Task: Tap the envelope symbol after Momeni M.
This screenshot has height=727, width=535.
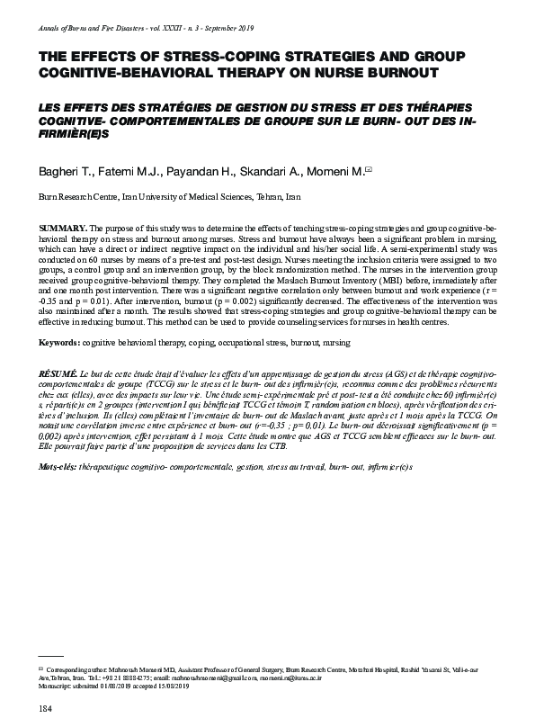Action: coord(368,169)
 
